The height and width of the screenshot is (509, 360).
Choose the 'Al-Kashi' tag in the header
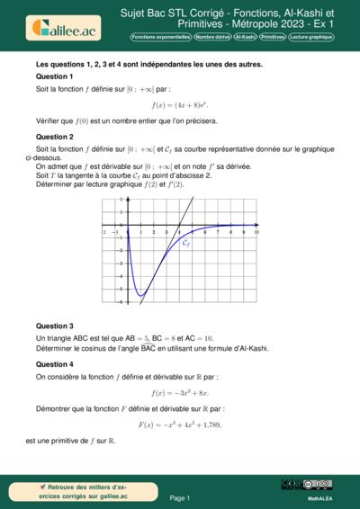(244, 37)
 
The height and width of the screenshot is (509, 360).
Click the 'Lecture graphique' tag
(310, 37)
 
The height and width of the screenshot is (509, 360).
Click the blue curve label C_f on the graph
(185, 244)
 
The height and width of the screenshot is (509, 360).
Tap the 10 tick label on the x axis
(256, 232)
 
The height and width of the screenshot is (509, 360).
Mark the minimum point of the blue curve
(141, 295)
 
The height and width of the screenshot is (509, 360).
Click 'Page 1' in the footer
(180, 497)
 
